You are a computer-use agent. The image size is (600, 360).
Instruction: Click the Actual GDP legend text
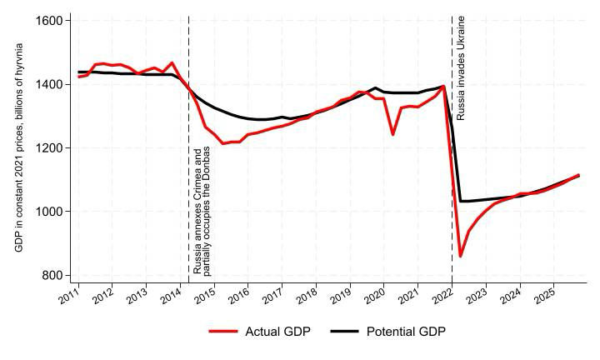tap(277, 332)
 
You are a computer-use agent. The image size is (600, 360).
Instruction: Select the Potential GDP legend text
tap(406, 332)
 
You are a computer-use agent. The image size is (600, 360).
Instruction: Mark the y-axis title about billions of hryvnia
tap(19, 147)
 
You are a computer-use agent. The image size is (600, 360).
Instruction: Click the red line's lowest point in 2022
tap(460, 257)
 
